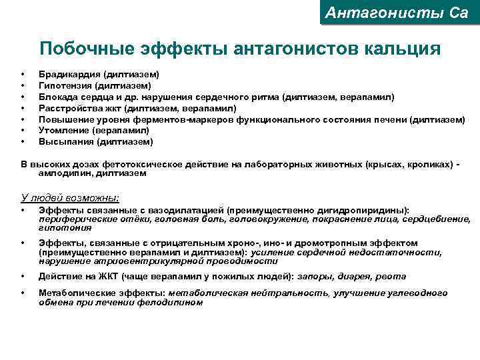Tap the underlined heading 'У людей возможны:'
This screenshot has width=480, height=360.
click(x=71, y=197)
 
